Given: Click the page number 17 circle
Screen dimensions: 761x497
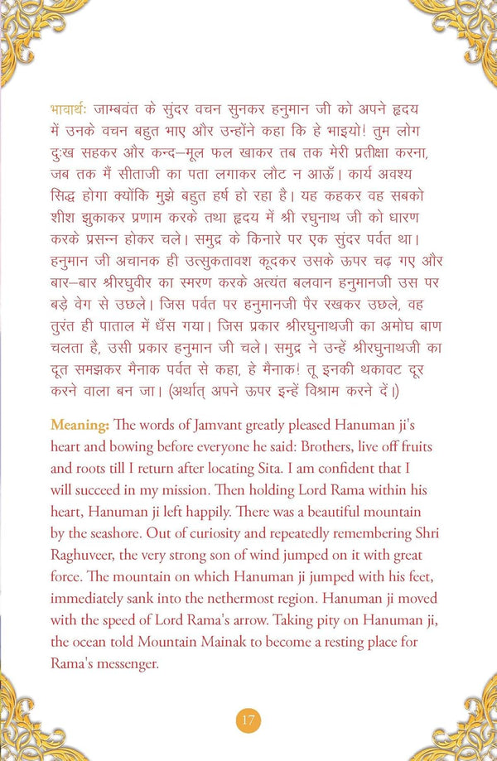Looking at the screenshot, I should click(x=248, y=718).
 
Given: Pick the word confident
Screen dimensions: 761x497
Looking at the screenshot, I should click(x=377, y=465).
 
